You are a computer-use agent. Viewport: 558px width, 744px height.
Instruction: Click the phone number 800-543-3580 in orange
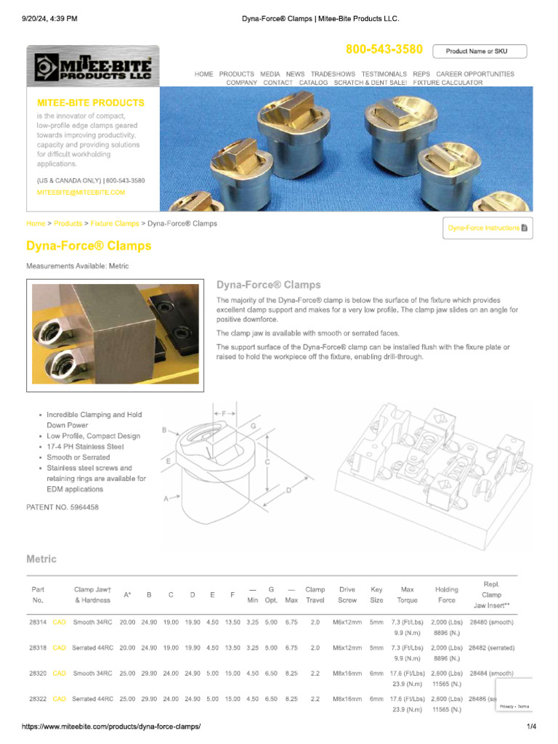pyautogui.click(x=384, y=49)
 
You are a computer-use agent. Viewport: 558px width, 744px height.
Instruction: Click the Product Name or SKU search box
pyautogui.click(x=480, y=51)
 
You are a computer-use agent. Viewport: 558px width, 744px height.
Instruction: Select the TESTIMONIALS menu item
pyautogui.click(x=384, y=74)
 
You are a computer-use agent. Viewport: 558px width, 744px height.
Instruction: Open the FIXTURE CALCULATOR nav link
pyautogui.click(x=448, y=83)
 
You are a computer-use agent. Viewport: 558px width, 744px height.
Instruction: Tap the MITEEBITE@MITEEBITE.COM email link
pyautogui.click(x=81, y=193)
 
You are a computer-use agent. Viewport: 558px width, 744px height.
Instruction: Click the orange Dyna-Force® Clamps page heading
pyautogui.click(x=89, y=246)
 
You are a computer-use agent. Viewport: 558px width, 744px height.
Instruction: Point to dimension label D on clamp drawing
pyautogui.click(x=288, y=491)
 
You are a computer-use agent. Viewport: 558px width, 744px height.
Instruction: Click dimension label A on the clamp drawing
pyautogui.click(x=166, y=498)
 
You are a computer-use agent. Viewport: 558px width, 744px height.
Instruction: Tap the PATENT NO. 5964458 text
pyautogui.click(x=62, y=506)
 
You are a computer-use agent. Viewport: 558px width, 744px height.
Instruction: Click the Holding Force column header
pyautogui.click(x=447, y=594)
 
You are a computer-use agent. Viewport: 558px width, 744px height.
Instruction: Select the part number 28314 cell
pyautogui.click(x=38, y=623)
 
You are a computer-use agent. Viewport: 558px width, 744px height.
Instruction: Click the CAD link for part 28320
pyautogui.click(x=60, y=674)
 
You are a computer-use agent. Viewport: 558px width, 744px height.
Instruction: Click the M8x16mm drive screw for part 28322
pyautogui.click(x=347, y=699)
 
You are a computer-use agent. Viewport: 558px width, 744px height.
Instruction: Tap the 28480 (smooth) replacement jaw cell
pyautogui.click(x=492, y=623)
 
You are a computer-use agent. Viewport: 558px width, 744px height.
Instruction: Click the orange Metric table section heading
pyautogui.click(x=41, y=559)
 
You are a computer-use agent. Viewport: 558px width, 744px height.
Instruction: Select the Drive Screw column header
pyautogui.click(x=347, y=594)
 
